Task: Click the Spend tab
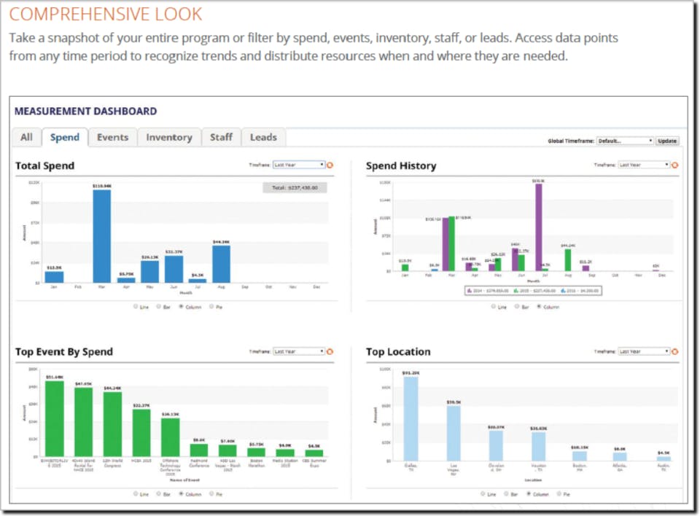[65, 137]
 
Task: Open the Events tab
[112, 137]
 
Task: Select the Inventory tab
[168, 137]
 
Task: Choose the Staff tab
[221, 137]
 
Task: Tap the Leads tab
[263, 137]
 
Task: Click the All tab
[26, 137]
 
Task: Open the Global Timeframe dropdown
[625, 141]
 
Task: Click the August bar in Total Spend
[221, 263]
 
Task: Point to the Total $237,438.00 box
[295, 187]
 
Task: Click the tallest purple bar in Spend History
[538, 227]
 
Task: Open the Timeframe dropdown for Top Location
[643, 351]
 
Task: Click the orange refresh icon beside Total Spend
[330, 165]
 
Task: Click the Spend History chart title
[401, 166]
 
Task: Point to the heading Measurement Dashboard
[86, 112]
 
